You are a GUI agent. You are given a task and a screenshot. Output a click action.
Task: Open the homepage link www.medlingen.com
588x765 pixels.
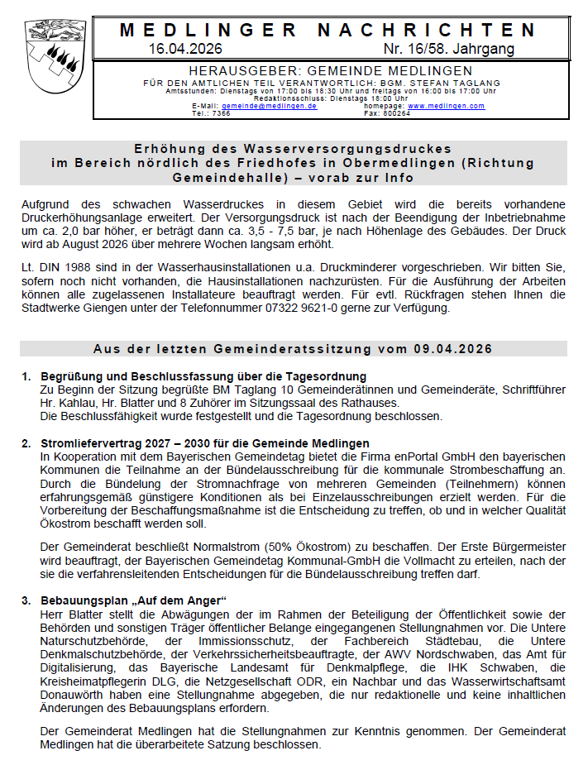pyautogui.click(x=446, y=107)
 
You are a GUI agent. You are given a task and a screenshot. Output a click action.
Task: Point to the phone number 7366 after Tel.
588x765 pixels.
pyautogui.click(x=221, y=113)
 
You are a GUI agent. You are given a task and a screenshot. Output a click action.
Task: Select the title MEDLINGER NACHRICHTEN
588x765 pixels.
pyautogui.click(x=328, y=30)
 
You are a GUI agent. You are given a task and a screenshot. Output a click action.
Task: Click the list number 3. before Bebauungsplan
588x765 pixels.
pyautogui.click(x=26, y=599)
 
